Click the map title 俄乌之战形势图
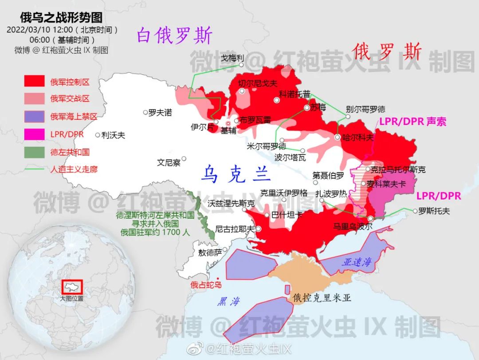click(61, 18)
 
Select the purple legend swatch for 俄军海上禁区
click(34, 117)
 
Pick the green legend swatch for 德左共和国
click(34, 152)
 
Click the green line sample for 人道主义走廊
click(34, 169)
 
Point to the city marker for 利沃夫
click(98, 135)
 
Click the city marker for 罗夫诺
click(145, 113)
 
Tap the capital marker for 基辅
click(228, 124)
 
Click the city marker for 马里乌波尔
click(371, 218)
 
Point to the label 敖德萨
click(209, 253)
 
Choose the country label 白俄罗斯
click(174, 35)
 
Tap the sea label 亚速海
click(356, 262)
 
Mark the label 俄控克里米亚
click(322, 298)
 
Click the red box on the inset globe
click(72, 286)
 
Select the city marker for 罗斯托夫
click(415, 211)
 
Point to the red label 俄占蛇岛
click(206, 285)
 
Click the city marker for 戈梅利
click(242, 65)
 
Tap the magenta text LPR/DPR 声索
click(412, 121)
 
